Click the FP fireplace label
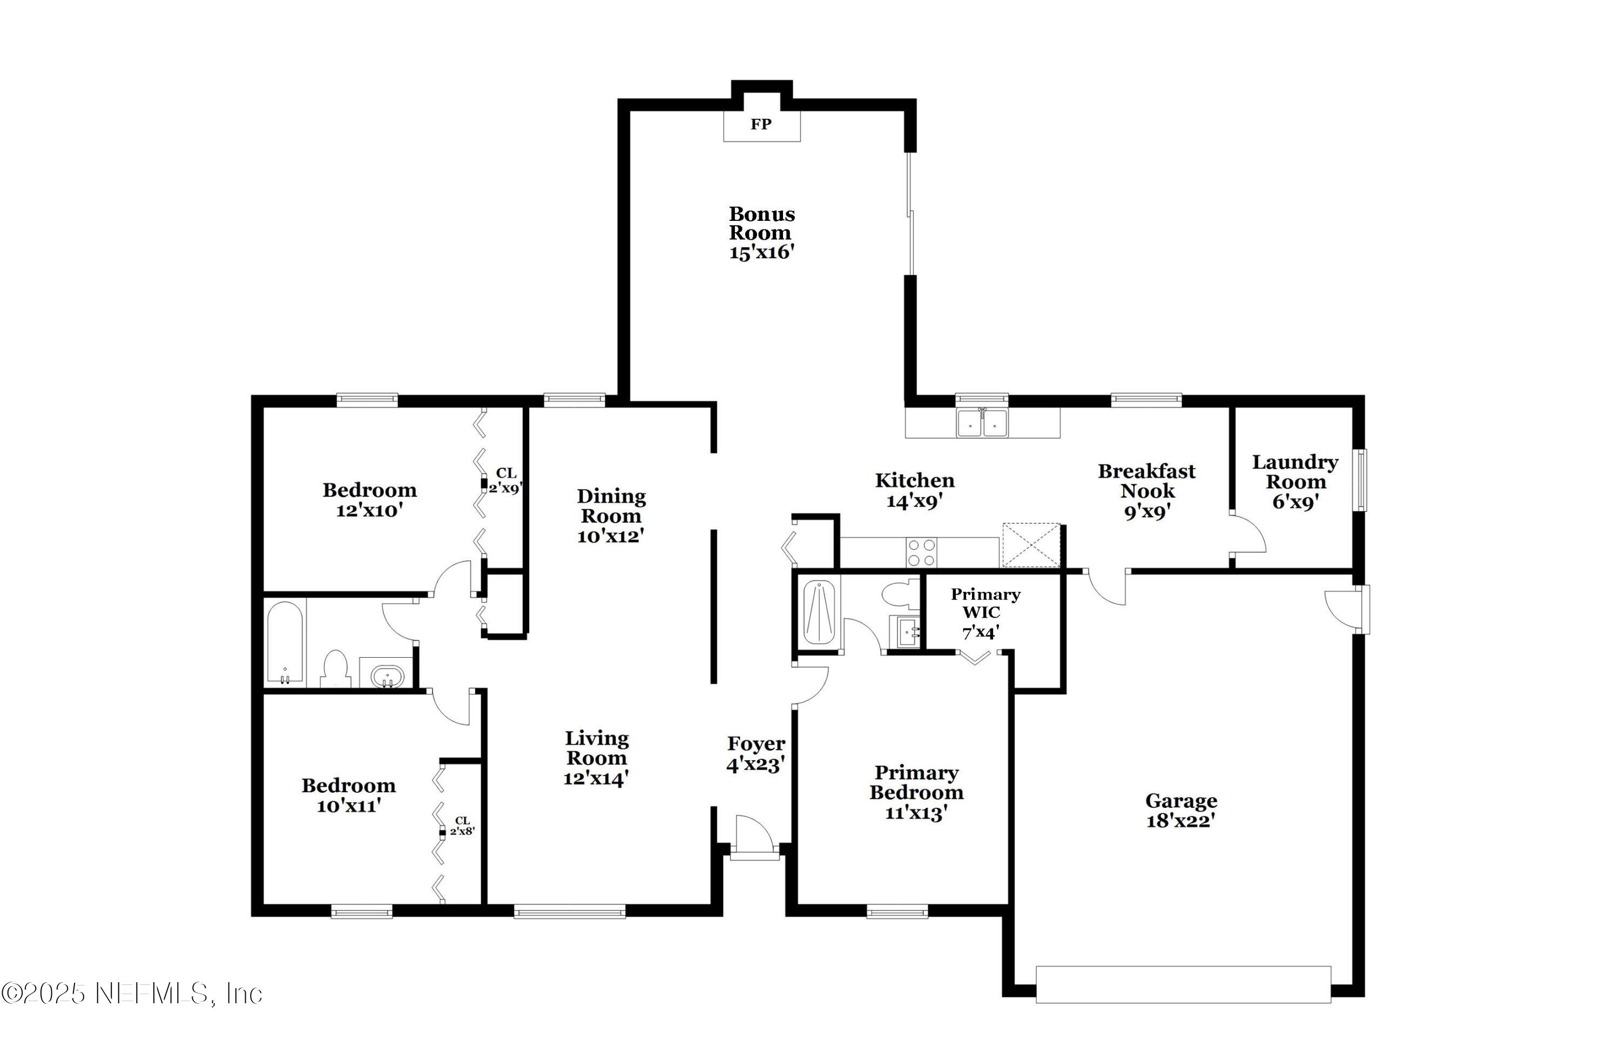(x=761, y=124)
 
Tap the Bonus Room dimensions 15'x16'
(x=761, y=253)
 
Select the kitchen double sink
(x=982, y=423)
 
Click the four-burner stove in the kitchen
(x=921, y=552)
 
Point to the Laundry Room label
(x=1294, y=472)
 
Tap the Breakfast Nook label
(x=1146, y=481)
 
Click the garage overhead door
(x=1183, y=984)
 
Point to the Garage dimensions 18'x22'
(x=1180, y=821)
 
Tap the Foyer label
(x=755, y=744)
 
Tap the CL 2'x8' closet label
(x=462, y=825)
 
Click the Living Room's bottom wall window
(x=569, y=911)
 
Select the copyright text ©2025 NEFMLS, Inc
(x=132, y=994)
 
